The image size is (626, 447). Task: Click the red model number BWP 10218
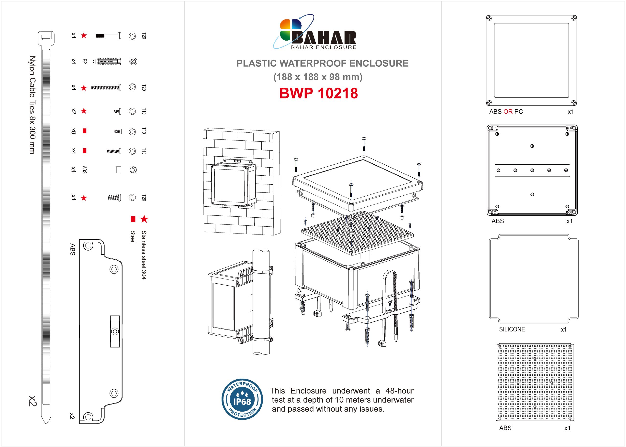point(319,93)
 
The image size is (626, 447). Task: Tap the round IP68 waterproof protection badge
point(242,399)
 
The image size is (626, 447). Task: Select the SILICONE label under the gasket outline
point(512,329)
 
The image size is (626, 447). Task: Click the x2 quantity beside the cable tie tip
point(33,401)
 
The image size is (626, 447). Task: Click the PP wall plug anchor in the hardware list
point(107,61)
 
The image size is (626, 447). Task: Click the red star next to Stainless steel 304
point(144,219)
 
